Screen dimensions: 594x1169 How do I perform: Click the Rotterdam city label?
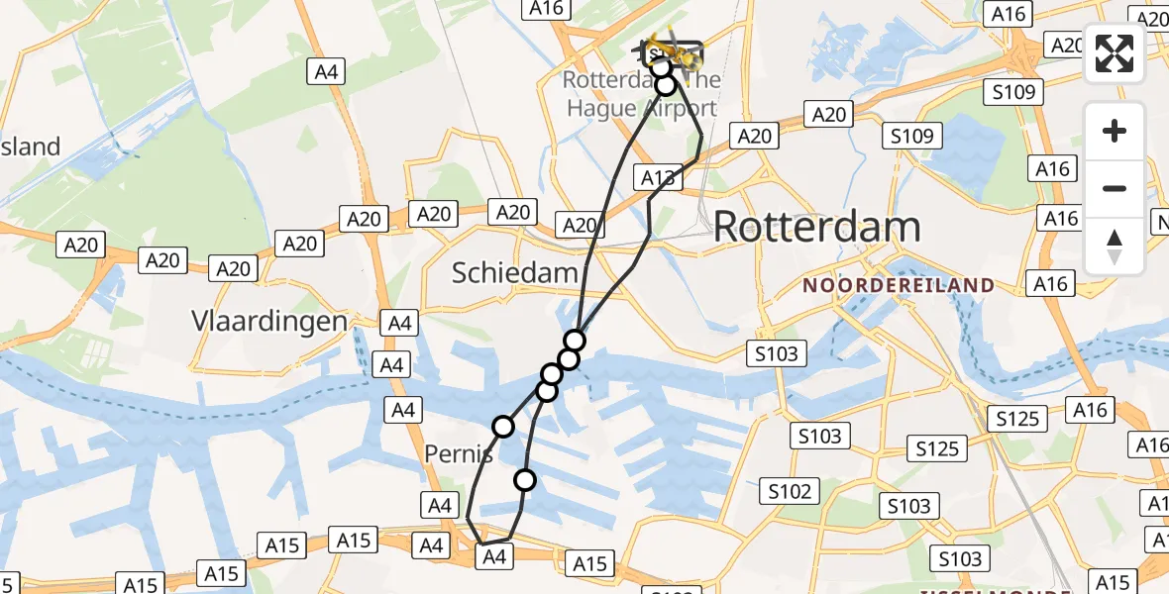(816, 227)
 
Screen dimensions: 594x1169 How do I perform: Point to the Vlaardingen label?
(270, 321)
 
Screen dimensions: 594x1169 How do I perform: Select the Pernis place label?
(459, 454)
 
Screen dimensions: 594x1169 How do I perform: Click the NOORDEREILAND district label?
(899, 285)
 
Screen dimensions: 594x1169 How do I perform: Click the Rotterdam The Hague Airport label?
(640, 94)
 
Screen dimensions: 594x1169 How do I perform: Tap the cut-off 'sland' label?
(30, 147)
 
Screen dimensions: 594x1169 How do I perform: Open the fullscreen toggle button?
(1115, 53)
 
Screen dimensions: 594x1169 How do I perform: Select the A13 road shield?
(658, 178)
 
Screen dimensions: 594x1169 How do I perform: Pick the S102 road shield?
(789, 491)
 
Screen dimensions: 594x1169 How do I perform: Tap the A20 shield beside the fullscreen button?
(1067, 45)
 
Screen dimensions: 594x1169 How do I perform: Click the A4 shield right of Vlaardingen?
(399, 323)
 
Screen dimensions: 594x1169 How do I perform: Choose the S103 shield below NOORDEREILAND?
(777, 353)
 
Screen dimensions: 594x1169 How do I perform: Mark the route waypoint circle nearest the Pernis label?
(503, 427)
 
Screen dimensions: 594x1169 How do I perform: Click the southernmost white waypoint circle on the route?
(524, 480)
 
